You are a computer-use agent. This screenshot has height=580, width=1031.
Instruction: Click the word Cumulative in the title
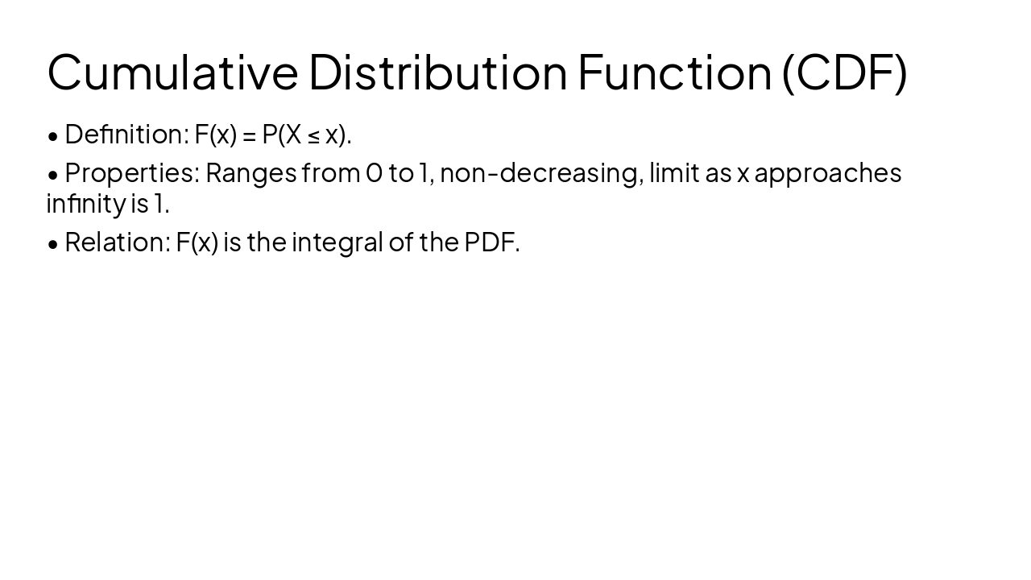click(x=172, y=72)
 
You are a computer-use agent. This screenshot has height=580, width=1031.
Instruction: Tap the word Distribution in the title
click(x=437, y=72)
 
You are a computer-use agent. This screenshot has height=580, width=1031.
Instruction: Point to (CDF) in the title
click(x=845, y=72)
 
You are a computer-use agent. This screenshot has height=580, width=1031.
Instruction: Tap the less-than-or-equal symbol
click(x=313, y=136)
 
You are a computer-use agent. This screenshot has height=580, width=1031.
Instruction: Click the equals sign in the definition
click(x=249, y=135)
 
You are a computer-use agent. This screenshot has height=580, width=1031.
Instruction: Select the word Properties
click(x=132, y=173)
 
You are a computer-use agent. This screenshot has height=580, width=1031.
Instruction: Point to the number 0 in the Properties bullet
click(x=374, y=173)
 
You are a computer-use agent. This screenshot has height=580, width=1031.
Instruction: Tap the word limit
click(x=674, y=173)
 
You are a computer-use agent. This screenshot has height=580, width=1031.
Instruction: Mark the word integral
click(x=337, y=242)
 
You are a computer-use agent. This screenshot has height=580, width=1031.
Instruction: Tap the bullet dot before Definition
click(x=53, y=136)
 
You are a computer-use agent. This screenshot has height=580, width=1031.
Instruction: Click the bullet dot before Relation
click(x=53, y=244)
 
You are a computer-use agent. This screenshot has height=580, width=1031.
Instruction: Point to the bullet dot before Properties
click(x=53, y=175)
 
